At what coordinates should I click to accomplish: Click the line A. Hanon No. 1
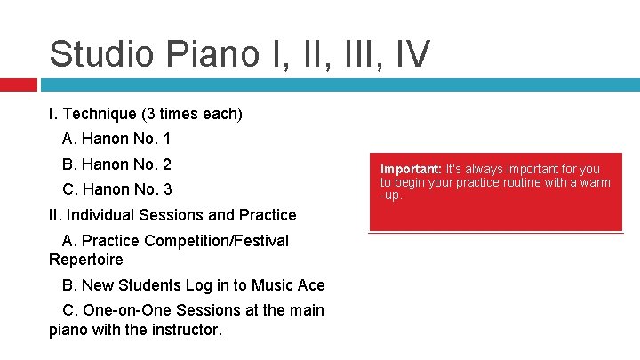116,139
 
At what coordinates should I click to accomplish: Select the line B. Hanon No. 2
116,164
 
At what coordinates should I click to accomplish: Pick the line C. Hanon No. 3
116,189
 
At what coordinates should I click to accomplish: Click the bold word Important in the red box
411,169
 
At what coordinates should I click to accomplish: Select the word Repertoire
86,260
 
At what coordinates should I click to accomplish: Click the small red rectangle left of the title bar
18,84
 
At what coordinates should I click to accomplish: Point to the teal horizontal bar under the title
338,84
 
